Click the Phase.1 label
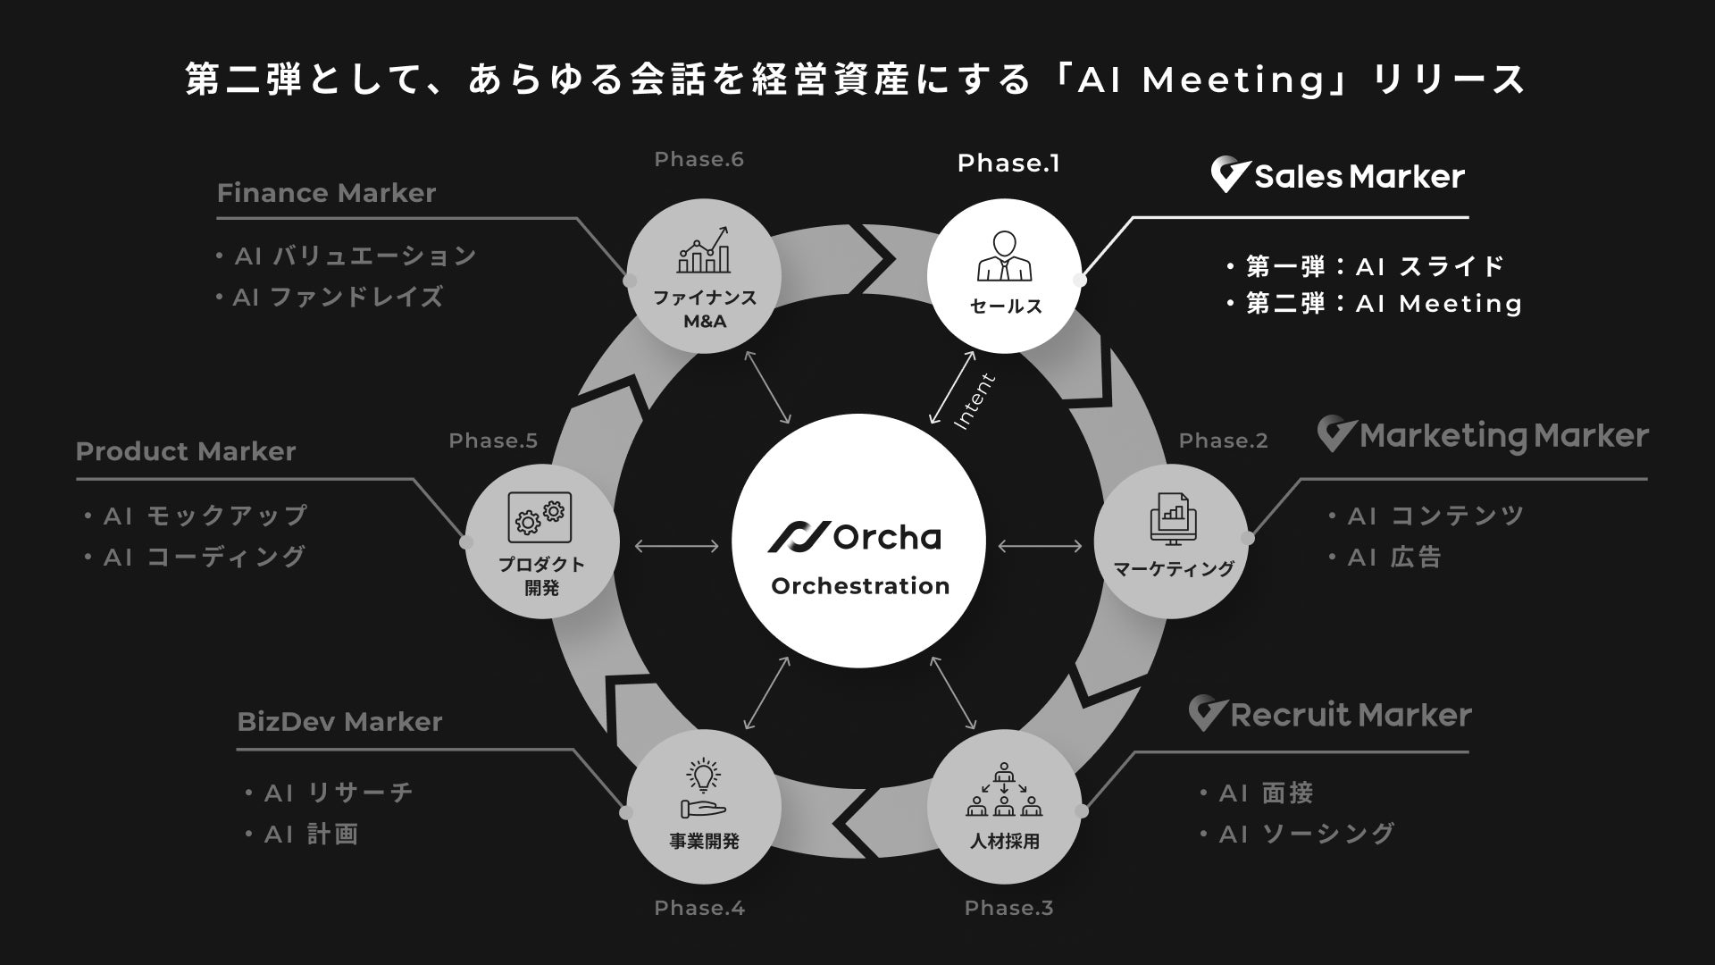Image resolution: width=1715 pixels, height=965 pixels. (x=1008, y=164)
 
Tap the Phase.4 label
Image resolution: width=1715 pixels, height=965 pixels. (x=699, y=908)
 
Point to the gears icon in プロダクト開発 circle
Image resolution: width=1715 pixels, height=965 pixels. (x=540, y=516)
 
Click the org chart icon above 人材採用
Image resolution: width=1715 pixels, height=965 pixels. (x=1005, y=790)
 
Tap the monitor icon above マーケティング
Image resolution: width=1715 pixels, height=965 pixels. (x=1172, y=520)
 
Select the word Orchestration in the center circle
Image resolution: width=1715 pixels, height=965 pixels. (x=860, y=586)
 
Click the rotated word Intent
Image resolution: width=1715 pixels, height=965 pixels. (x=975, y=401)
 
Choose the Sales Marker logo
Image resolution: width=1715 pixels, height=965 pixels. (x=1337, y=176)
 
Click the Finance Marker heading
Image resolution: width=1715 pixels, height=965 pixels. (x=326, y=193)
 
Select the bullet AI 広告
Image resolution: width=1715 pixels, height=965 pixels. (x=1393, y=558)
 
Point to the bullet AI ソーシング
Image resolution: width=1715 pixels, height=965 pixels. (x=1306, y=834)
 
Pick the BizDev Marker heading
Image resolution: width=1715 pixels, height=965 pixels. (x=339, y=722)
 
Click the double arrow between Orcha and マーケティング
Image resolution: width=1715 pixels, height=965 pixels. (x=1040, y=545)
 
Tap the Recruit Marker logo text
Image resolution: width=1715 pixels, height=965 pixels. (x=1350, y=715)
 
